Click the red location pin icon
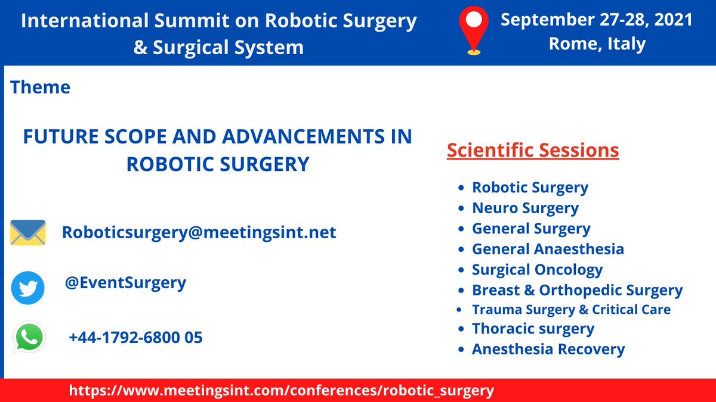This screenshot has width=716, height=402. pyautogui.click(x=473, y=30)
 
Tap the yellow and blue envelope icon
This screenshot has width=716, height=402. pyautogui.click(x=28, y=232)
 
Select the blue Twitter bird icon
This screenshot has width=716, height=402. pyautogui.click(x=28, y=288)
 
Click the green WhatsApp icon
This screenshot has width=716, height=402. pyautogui.click(x=29, y=338)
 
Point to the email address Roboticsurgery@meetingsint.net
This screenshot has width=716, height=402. pyautogui.click(x=199, y=232)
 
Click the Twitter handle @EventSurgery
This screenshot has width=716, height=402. pyautogui.click(x=125, y=282)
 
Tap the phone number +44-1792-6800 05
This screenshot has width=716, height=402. pyautogui.click(x=135, y=338)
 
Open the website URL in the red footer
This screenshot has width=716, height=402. pyautogui.click(x=282, y=391)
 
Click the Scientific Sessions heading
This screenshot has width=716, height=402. pyautogui.click(x=533, y=151)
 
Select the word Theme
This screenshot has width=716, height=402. pyautogui.click(x=40, y=88)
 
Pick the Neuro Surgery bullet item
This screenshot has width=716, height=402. pyautogui.click(x=525, y=208)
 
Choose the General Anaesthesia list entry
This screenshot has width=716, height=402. pyautogui.click(x=548, y=249)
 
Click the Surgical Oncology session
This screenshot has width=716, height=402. pyautogui.click(x=537, y=270)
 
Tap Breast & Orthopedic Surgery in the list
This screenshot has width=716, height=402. pyautogui.click(x=577, y=290)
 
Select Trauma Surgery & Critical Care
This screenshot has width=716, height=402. pyautogui.click(x=571, y=310)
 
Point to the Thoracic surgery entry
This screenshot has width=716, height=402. pyautogui.click(x=533, y=329)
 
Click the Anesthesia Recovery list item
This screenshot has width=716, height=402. pyautogui.click(x=548, y=349)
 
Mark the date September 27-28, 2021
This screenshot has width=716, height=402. pyautogui.click(x=597, y=20)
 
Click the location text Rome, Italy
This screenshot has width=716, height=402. pyautogui.click(x=597, y=44)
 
